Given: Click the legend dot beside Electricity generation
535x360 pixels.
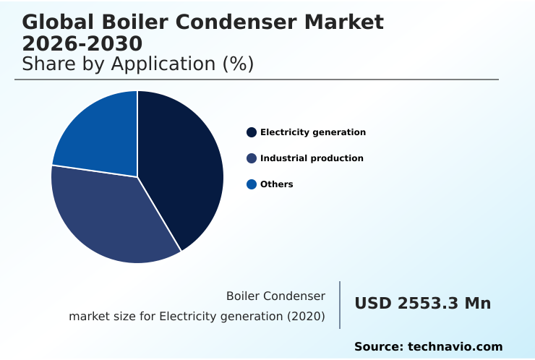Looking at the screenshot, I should [252, 132].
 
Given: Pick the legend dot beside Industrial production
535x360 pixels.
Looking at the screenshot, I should [252, 158].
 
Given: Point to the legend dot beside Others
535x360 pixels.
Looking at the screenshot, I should [252, 184].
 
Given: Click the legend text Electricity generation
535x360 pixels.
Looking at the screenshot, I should [313, 132].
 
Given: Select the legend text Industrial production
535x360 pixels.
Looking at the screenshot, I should [312, 158].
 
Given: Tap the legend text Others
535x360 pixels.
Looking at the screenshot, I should [277, 184].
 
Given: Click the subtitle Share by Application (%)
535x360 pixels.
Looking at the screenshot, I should [137, 64].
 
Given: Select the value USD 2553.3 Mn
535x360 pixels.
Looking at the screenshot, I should [422, 304].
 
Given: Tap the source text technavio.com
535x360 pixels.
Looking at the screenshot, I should [455, 347].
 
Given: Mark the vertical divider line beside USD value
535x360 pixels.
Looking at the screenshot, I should [340, 305].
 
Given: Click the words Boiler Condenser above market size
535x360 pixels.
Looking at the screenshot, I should [275, 296].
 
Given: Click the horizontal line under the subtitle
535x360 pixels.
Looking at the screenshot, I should [257, 80].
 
